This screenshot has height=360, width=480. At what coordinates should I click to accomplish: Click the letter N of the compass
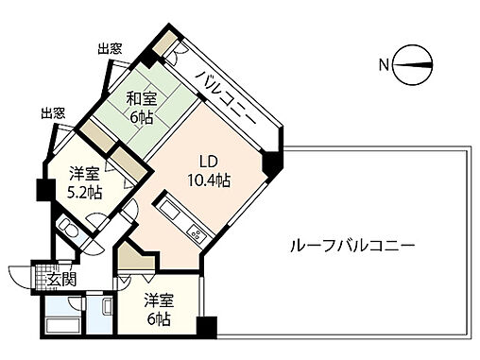[x=385, y=65]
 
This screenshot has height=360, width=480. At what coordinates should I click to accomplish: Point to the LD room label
[x=209, y=160]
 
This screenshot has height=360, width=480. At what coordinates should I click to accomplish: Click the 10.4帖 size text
[x=209, y=180]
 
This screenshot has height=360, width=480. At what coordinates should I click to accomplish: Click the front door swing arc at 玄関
[x=21, y=273]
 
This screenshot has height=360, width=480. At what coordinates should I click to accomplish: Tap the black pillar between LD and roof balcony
[x=271, y=163]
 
